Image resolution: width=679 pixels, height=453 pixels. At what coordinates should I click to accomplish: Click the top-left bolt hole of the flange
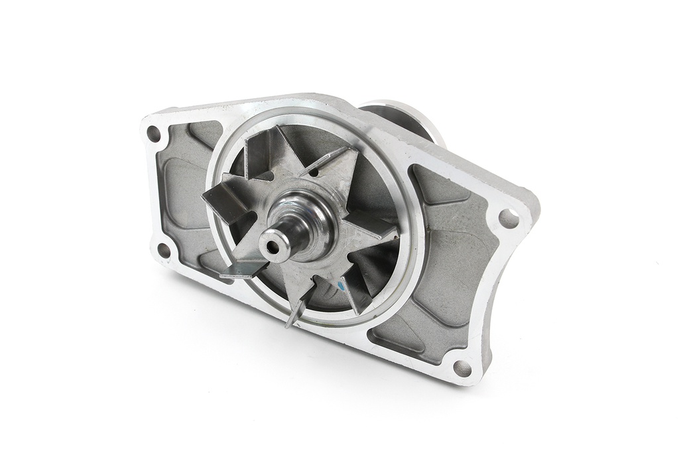tap(154, 133)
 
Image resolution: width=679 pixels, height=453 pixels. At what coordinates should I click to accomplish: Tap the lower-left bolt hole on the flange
tap(163, 250)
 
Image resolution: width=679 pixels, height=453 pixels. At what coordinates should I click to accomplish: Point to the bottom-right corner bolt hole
tap(462, 367)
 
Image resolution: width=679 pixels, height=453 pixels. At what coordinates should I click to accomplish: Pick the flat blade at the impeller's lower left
tap(243, 269)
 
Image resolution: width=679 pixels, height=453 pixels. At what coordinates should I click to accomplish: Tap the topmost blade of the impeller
tap(263, 149)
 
